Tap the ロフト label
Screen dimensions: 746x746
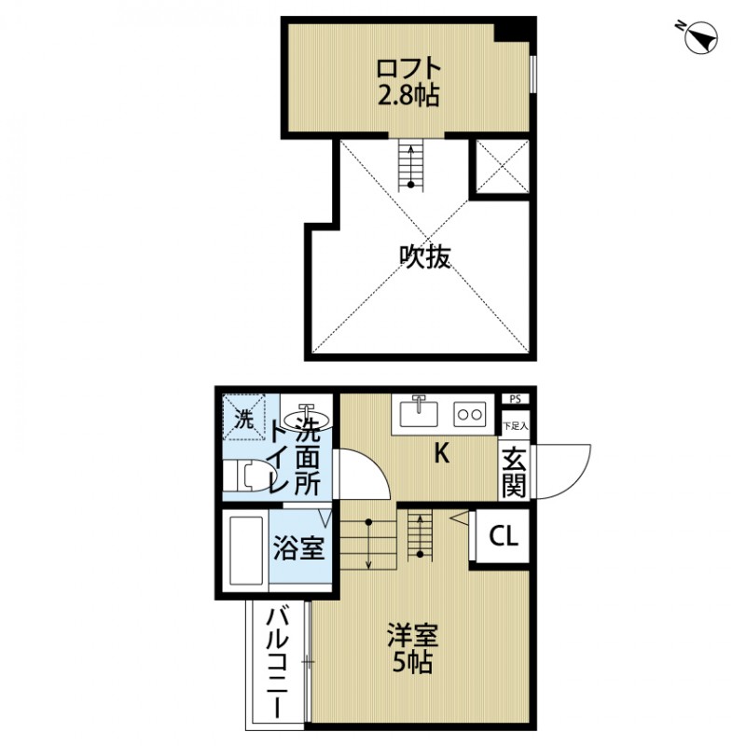408,68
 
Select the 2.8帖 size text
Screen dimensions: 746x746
408,94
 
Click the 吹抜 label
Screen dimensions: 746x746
425,256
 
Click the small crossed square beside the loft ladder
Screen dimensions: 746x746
503,168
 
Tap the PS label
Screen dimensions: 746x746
514,399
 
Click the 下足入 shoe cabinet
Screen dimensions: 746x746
514,426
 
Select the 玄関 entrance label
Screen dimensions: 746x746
514,472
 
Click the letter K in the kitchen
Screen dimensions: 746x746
442,454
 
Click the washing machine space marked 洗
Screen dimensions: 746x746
243,419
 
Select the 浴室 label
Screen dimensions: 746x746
298,548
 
